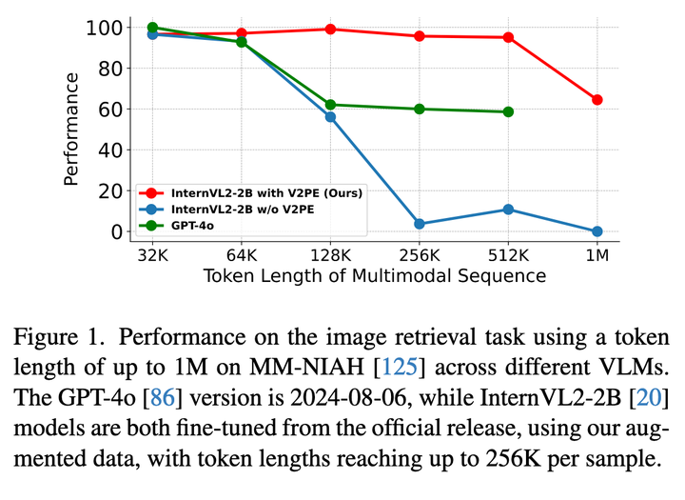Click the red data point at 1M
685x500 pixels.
pyautogui.click(x=597, y=100)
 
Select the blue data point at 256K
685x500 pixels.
pyautogui.click(x=420, y=224)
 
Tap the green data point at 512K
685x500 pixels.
pyautogui.click(x=508, y=111)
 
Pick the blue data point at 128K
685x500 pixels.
pyautogui.click(x=330, y=116)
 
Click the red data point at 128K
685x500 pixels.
pyautogui.click(x=330, y=30)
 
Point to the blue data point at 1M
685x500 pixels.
pyautogui.click(x=597, y=231)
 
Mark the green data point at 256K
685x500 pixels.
pyautogui.click(x=420, y=109)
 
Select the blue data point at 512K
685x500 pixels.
pyautogui.click(x=508, y=210)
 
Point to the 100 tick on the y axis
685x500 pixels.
pyautogui.click(x=110, y=28)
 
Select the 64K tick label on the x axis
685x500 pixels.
pyautogui.click(x=242, y=255)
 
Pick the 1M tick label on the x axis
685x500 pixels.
pyautogui.click(x=597, y=255)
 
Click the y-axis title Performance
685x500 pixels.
pyautogui.click(x=71, y=130)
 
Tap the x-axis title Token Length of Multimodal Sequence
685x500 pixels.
pyautogui.click(x=375, y=276)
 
